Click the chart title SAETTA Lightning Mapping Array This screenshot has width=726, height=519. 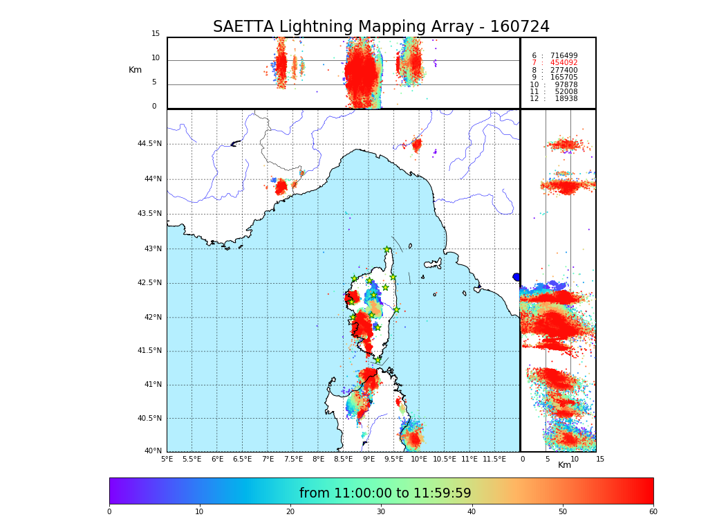click(381, 27)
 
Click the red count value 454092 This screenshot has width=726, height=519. click(564, 63)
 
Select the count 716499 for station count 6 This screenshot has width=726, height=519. click(564, 55)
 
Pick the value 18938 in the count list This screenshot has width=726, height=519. click(566, 99)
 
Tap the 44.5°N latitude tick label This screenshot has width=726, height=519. click(149, 144)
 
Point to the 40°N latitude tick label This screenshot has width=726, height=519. click(153, 451)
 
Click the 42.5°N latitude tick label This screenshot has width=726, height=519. click(149, 282)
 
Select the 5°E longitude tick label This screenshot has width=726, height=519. click(167, 459)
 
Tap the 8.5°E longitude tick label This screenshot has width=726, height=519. click(343, 459)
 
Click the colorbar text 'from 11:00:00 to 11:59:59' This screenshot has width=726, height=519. click(384, 493)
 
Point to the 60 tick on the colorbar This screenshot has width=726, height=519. click(653, 512)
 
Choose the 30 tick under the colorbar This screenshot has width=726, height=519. click(381, 512)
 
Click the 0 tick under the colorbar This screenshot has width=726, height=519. click(109, 512)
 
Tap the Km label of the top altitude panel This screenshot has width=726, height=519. click(135, 70)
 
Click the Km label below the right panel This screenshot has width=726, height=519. click(564, 465)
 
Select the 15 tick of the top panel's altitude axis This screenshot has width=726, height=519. click(156, 34)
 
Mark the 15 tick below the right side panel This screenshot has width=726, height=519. click(600, 459)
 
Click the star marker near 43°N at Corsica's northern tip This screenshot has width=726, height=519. click(387, 250)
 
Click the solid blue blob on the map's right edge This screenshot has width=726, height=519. click(516, 277)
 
